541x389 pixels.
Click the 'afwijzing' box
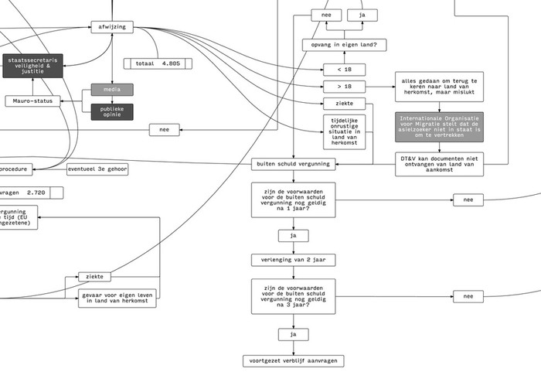(x=113, y=27)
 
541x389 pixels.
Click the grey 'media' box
(x=112, y=90)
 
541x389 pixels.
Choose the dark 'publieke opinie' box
(x=112, y=112)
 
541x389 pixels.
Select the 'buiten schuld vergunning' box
(x=293, y=163)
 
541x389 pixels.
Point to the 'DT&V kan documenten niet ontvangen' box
(x=439, y=164)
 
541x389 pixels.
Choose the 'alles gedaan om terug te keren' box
(x=439, y=87)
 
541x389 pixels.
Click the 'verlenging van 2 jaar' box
(x=293, y=260)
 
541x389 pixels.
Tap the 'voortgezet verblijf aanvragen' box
(x=293, y=360)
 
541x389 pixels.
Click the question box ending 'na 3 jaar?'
(x=293, y=297)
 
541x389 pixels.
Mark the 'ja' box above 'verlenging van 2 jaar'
(x=293, y=235)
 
